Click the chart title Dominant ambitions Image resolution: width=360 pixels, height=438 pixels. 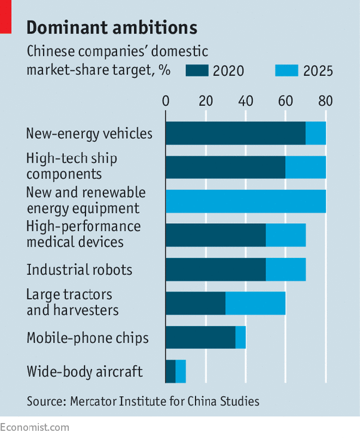point(112,28)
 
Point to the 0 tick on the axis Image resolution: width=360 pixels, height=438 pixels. point(166,101)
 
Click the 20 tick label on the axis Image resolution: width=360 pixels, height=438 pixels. point(206,101)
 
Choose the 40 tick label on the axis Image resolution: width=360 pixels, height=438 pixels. point(245,101)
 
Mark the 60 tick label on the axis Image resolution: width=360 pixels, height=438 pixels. point(285,101)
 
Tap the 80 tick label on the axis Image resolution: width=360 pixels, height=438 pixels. point(325,101)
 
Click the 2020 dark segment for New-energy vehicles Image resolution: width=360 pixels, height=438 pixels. point(235,133)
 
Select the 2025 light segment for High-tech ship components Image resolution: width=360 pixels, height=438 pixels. point(306,167)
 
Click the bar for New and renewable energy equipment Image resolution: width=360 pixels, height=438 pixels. point(245,201)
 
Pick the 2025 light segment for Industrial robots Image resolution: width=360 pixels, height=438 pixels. point(285,269)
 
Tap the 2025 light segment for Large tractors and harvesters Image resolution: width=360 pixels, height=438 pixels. point(255,303)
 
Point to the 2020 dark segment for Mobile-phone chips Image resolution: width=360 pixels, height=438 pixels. point(200,337)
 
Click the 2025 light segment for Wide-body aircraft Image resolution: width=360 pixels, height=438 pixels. point(181,372)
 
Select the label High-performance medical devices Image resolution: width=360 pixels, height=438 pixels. point(84,234)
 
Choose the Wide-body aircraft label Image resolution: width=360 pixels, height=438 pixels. point(84,372)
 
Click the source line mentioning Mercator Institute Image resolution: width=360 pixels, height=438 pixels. point(143,401)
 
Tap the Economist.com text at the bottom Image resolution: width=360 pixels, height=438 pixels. point(35,427)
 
